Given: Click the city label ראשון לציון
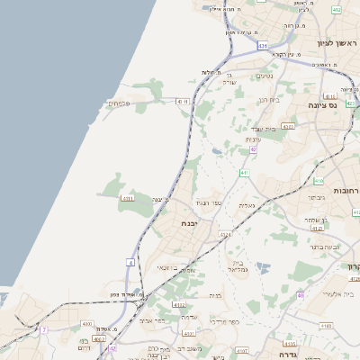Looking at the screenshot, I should point(335,42).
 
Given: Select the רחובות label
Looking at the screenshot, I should point(345,190).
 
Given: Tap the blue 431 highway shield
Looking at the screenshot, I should point(262,44).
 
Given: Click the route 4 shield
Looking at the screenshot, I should point(130,262).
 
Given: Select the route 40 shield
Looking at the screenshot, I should point(300,295).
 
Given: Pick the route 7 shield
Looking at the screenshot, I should point(43,329).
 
